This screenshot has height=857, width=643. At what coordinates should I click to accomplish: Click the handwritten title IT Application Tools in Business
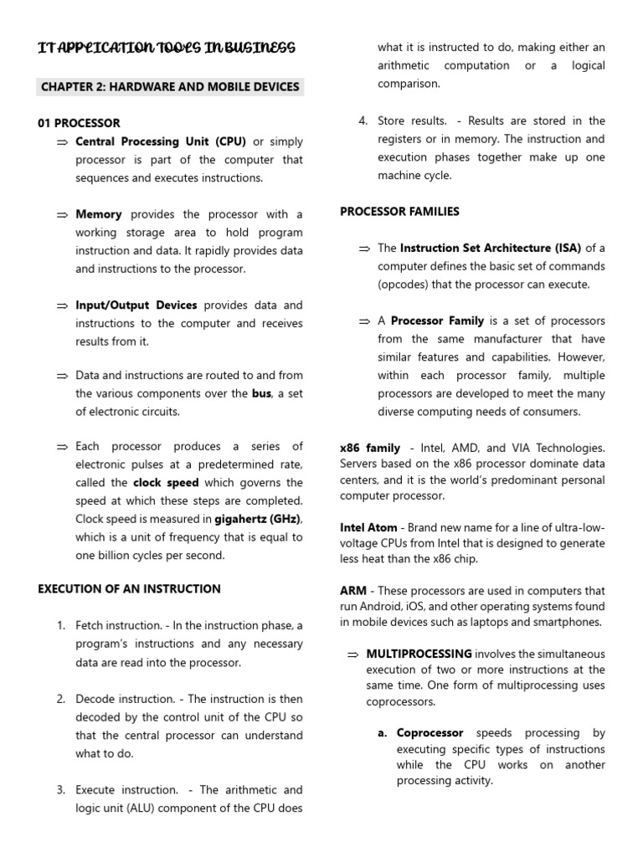point(167,49)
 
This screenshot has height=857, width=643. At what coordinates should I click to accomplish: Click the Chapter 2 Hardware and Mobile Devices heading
point(171,87)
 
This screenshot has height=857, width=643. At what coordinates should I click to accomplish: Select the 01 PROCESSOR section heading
point(79,123)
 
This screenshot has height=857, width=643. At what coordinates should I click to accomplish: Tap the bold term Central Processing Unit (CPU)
point(161,141)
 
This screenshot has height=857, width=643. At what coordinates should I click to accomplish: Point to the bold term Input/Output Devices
point(136,305)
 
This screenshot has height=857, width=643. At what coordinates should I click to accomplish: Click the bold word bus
point(261,393)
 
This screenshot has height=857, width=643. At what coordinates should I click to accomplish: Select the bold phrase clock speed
point(167,483)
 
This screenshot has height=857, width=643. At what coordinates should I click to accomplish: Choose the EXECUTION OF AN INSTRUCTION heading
point(129,589)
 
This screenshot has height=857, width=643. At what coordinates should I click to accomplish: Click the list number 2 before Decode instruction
point(61,699)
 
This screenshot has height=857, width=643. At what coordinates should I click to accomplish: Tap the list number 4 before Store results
point(363,121)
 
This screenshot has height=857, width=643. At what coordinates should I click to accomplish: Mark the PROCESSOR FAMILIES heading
point(399,212)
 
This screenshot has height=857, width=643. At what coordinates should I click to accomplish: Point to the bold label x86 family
point(370,449)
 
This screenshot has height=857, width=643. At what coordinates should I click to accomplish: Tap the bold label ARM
point(352,591)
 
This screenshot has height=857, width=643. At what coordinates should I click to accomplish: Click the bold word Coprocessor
point(430,732)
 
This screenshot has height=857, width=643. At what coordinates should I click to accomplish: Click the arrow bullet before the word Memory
point(61,215)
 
